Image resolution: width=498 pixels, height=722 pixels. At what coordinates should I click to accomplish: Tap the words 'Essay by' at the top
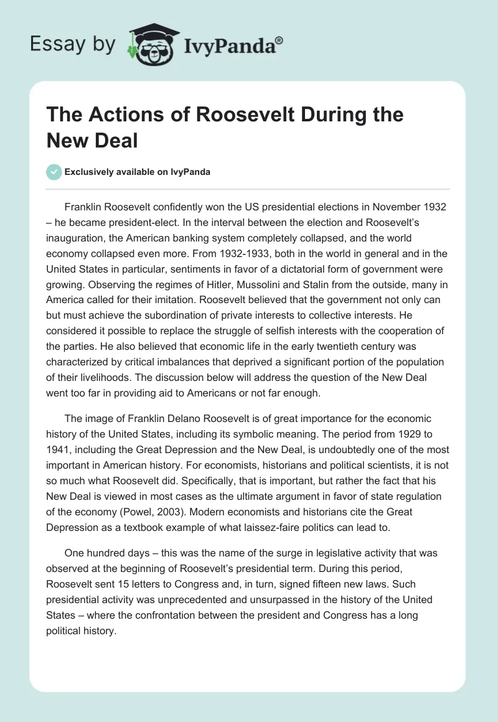click(72, 45)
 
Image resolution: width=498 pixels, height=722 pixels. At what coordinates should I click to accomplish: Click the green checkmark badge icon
click(54, 172)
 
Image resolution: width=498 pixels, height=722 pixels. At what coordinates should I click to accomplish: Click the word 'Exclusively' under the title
click(92, 172)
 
